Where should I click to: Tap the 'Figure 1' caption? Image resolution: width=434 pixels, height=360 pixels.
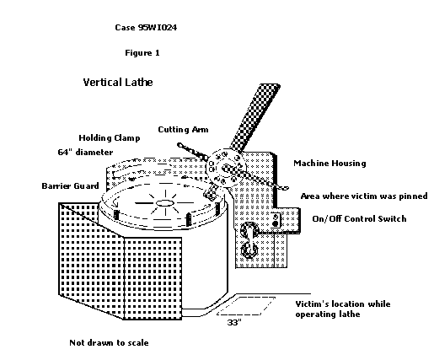(x=142, y=53)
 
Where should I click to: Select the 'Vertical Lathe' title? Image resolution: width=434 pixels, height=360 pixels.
(x=118, y=83)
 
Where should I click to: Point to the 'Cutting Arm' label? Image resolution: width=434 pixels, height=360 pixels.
(x=183, y=130)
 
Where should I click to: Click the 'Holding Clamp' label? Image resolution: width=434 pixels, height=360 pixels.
(x=110, y=138)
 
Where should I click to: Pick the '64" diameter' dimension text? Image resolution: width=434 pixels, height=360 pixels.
(x=85, y=152)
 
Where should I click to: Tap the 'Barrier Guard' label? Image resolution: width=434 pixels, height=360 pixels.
(x=70, y=185)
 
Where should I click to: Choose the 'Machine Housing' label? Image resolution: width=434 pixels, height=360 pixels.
(x=330, y=164)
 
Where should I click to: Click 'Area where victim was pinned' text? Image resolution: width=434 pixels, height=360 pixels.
(x=364, y=196)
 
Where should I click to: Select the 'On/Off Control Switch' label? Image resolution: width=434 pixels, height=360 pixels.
(x=359, y=218)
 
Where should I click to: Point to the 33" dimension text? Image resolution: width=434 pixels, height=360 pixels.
(x=234, y=322)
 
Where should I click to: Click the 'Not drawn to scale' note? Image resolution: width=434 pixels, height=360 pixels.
(x=109, y=342)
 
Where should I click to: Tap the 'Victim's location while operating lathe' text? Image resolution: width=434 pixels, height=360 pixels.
(x=343, y=309)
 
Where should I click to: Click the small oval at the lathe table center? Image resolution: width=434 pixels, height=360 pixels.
(x=164, y=203)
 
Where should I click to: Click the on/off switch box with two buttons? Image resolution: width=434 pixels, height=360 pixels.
(x=276, y=220)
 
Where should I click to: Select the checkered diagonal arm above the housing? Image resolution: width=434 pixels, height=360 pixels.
(x=255, y=118)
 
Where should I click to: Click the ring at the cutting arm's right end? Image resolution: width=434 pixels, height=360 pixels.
(x=285, y=188)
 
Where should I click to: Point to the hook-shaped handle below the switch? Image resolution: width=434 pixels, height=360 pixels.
(x=249, y=240)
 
